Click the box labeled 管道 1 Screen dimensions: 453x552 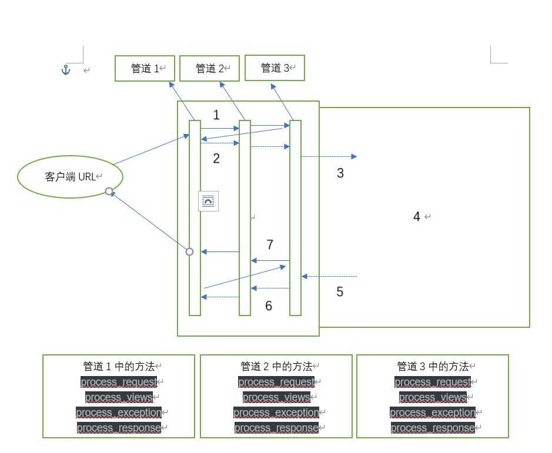pyautogui.click(x=145, y=68)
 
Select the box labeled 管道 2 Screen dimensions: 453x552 pyautogui.click(x=209, y=68)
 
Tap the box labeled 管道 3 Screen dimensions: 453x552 pyautogui.click(x=275, y=68)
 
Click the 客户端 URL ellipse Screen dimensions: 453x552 pyautogui.click(x=70, y=176)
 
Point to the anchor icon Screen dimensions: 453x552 pyautogui.click(x=66, y=70)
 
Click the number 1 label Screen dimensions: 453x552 pyautogui.click(x=216, y=115)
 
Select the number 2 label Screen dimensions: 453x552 pyautogui.click(x=216, y=159)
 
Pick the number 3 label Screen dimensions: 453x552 pyautogui.click(x=340, y=173)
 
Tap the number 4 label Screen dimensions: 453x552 pyautogui.click(x=417, y=217)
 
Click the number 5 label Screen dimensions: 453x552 pyautogui.click(x=340, y=292)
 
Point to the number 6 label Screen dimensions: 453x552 pyautogui.click(x=269, y=306)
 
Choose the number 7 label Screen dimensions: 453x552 pyautogui.click(x=270, y=244)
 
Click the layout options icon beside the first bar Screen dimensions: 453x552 pyautogui.click(x=208, y=201)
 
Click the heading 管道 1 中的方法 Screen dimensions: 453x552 pyautogui.click(x=119, y=367)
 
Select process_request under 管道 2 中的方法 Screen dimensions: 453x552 pyautogui.click(x=276, y=382)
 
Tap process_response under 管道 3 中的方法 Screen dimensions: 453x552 pyautogui.click(x=433, y=428)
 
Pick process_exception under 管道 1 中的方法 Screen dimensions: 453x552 pyautogui.click(x=119, y=412)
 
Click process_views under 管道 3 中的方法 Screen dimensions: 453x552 pyautogui.click(x=433, y=397)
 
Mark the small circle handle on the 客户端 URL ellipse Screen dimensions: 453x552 pyautogui.click(x=109, y=191)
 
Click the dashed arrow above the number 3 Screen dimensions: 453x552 pyautogui.click(x=329, y=157)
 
